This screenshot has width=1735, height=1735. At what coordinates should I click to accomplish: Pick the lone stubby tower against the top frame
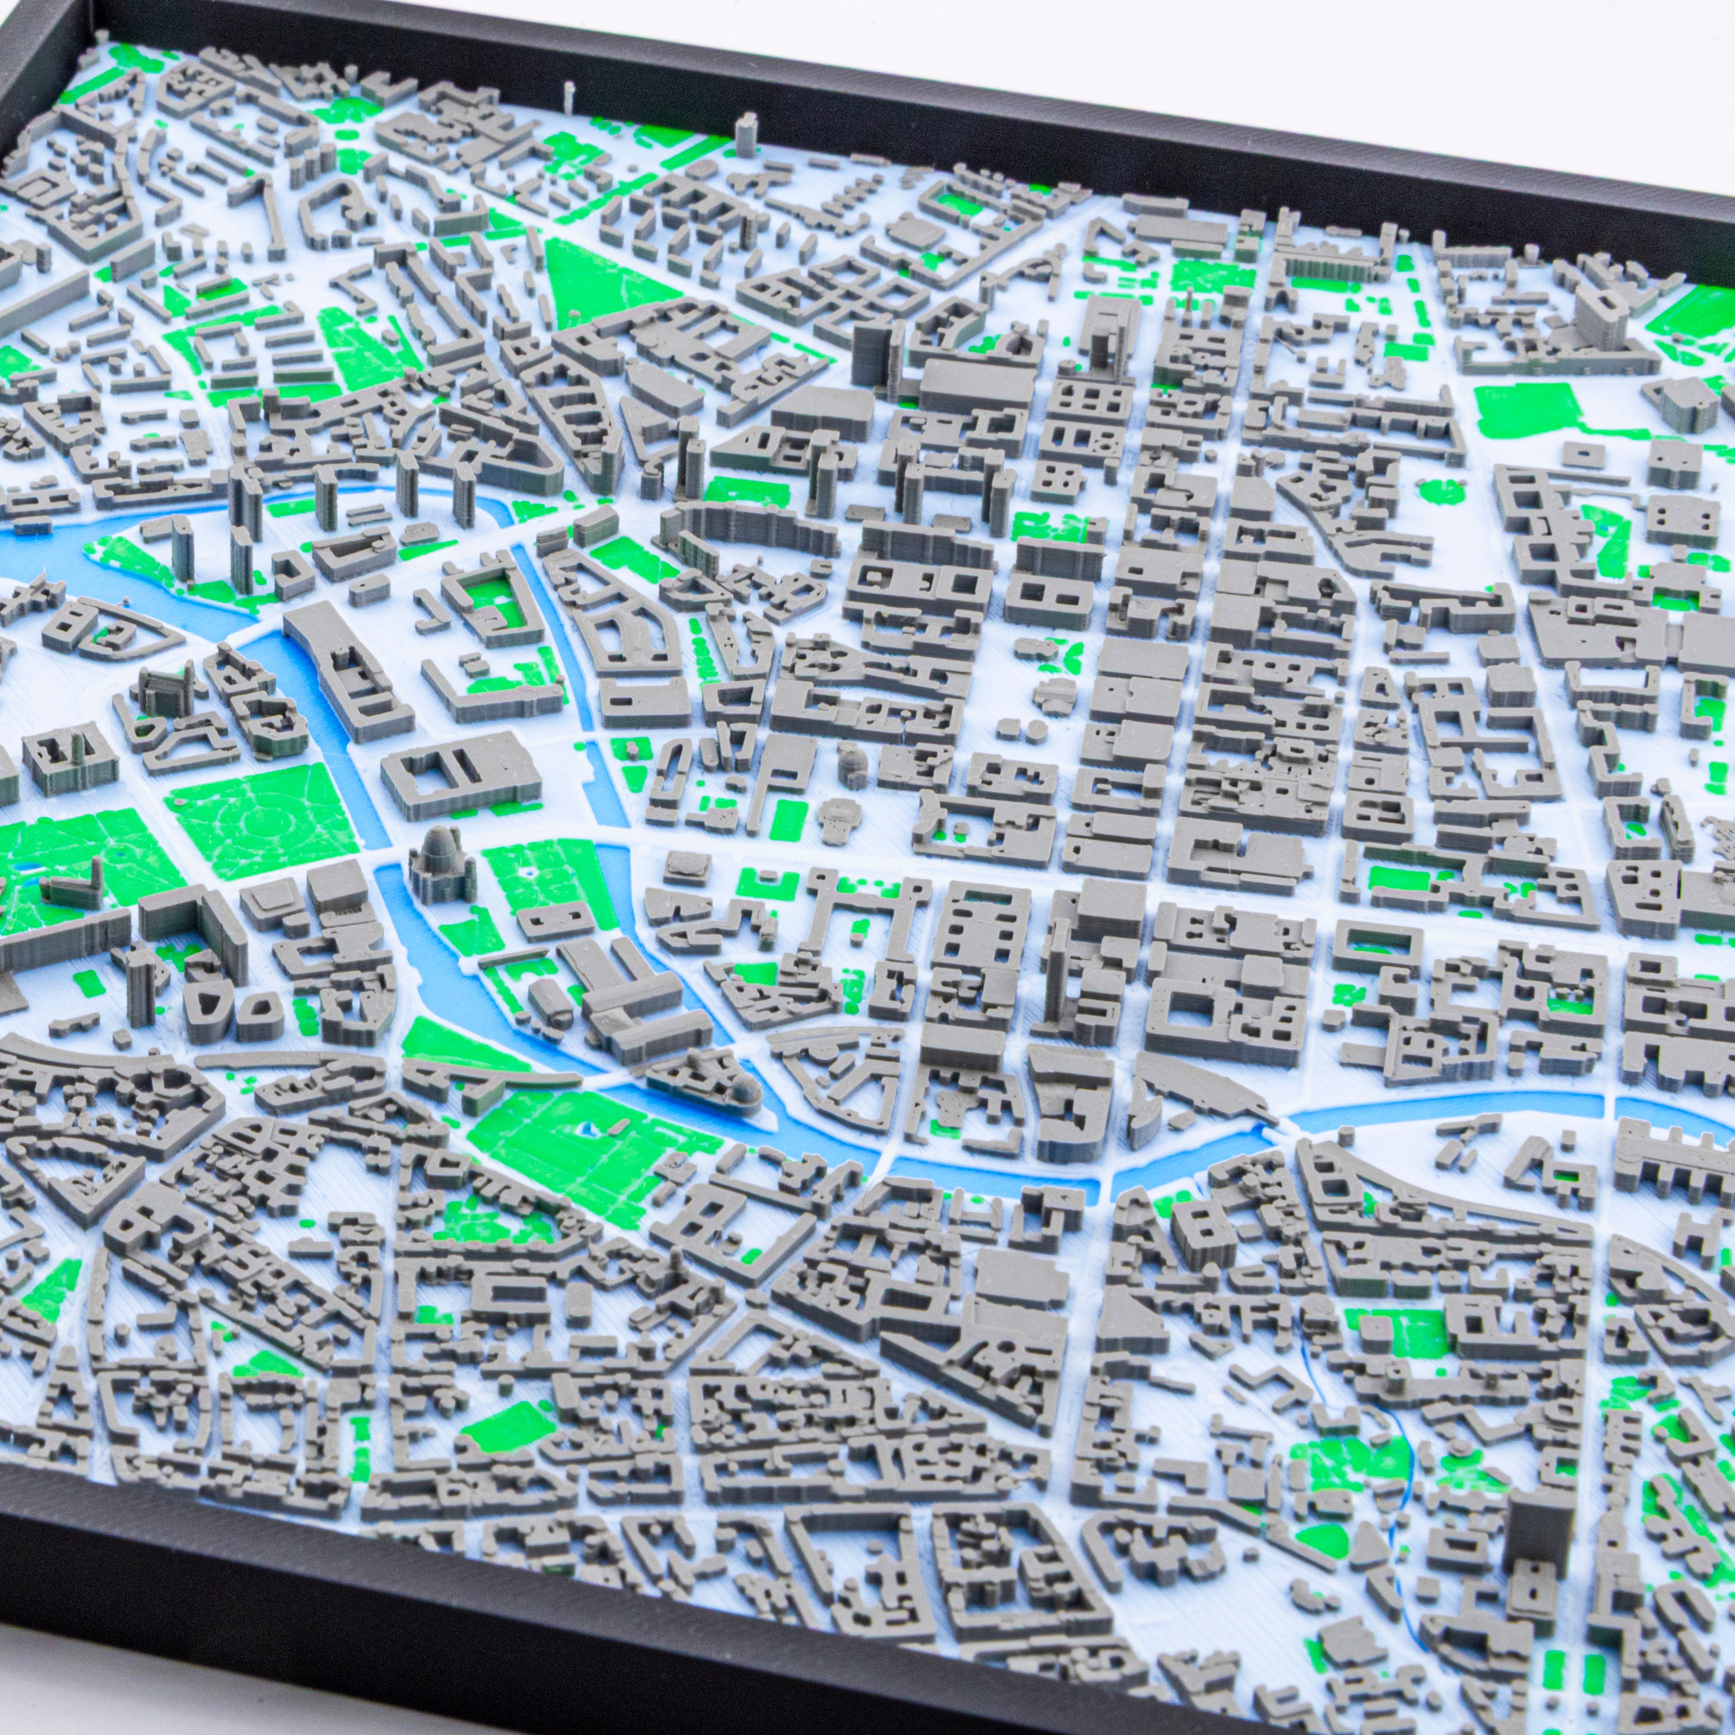pos(745,135)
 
